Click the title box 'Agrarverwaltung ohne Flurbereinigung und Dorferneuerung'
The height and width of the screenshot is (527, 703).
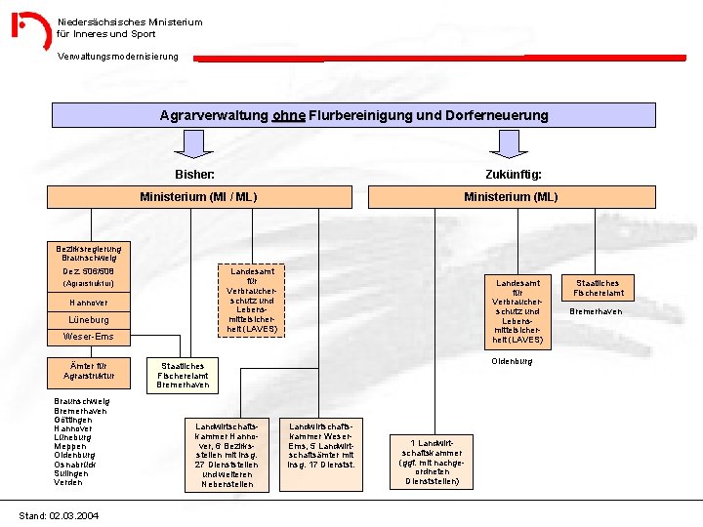coord(353,115)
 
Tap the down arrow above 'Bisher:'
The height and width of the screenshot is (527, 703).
coord(194,144)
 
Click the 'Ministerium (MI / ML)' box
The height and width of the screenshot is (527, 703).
coord(198,197)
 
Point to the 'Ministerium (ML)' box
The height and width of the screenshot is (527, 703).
coord(511,197)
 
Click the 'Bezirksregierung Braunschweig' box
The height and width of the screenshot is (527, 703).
coord(89,253)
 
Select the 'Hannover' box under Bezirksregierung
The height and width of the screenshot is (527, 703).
coord(89,303)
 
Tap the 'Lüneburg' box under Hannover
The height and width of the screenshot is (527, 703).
coord(89,320)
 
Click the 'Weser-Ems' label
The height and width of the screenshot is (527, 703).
coord(89,337)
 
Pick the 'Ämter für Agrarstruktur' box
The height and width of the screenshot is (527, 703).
coord(89,370)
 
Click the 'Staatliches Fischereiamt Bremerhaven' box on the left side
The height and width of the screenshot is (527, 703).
coord(183,375)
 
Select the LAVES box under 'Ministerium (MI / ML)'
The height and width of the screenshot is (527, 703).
coord(253,299)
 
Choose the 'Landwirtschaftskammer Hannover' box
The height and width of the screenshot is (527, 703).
coord(227,455)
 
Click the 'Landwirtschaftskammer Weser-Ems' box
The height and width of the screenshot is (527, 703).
coord(321,445)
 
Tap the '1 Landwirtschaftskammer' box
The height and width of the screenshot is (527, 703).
coord(432,461)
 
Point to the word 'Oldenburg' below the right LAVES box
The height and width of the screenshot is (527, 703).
coord(512,361)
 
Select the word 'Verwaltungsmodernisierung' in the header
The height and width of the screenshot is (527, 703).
coord(117,56)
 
